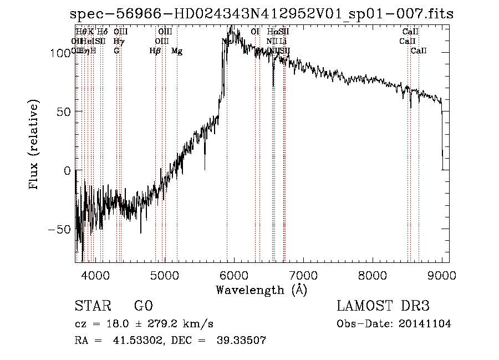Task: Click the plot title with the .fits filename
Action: coord(262,14)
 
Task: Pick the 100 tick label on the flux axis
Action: coord(59,53)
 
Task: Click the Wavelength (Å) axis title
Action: coord(261,290)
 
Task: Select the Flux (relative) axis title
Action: coord(34,145)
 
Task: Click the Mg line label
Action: coord(177,51)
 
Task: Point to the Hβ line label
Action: coord(155,51)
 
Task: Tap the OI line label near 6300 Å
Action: coord(255,32)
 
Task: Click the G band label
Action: coord(116,51)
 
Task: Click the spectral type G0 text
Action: coord(143,306)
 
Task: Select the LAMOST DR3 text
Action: coord(383,306)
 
